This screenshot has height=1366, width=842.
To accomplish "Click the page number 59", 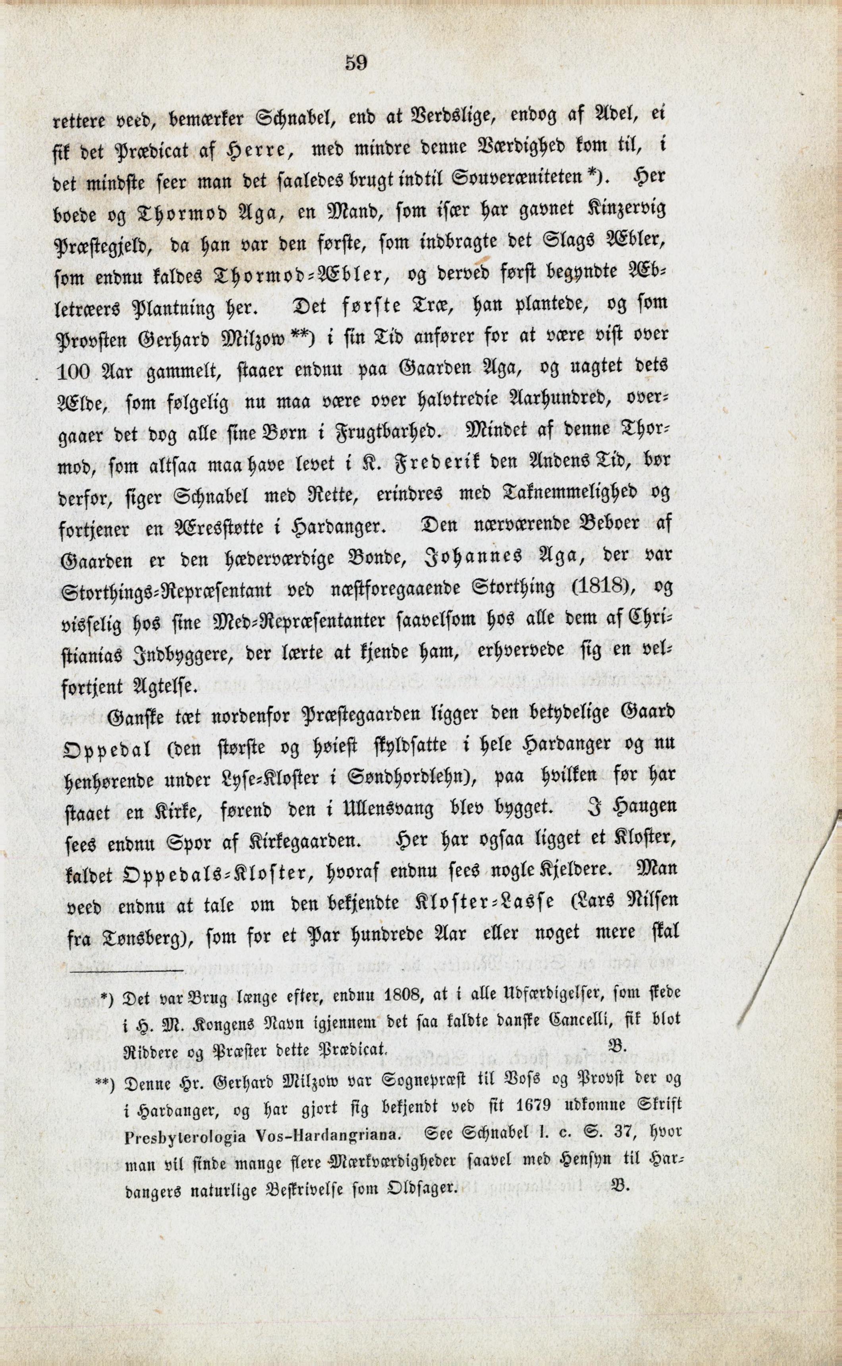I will [x=356, y=63].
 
